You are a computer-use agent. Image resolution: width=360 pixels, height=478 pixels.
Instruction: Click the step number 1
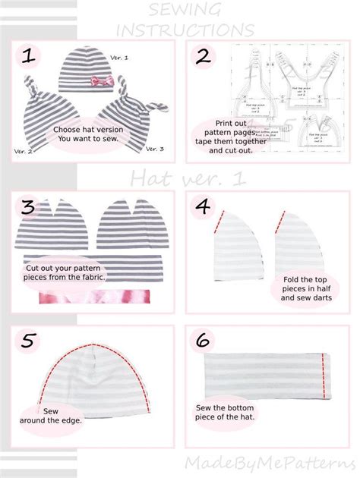(30, 57)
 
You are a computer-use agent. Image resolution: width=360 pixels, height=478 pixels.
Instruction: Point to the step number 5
(29, 343)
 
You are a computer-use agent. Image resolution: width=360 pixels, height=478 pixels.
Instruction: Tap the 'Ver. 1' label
(120, 58)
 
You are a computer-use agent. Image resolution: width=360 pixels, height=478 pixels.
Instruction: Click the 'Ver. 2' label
(24, 152)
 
